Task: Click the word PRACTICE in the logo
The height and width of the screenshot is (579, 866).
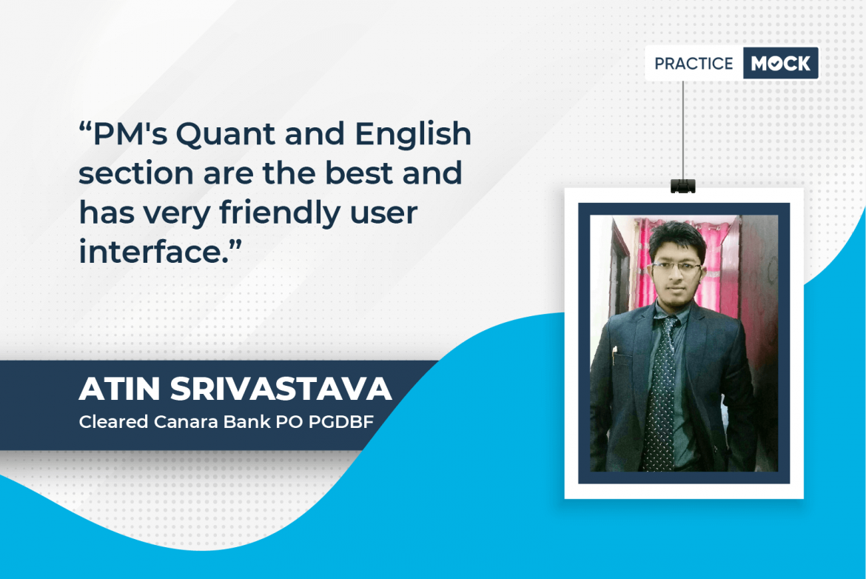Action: pyautogui.click(x=694, y=64)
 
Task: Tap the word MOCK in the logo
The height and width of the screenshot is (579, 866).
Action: pyautogui.click(x=780, y=64)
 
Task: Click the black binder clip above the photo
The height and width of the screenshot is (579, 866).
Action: pyautogui.click(x=683, y=186)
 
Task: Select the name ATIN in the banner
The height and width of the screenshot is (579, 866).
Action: pyautogui.click(x=119, y=389)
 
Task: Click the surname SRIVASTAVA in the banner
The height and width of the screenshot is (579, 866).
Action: pyautogui.click(x=281, y=389)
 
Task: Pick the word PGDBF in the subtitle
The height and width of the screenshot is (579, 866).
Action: pyautogui.click(x=340, y=422)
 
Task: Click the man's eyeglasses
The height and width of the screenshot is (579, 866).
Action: pyautogui.click(x=676, y=267)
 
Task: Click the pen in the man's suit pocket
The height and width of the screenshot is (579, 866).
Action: pyautogui.click(x=614, y=356)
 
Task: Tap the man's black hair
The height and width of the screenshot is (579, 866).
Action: pyautogui.click(x=677, y=238)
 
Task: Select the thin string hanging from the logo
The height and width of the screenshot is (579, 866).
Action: pyautogui.click(x=683, y=130)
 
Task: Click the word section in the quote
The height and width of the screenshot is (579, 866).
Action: pyautogui.click(x=136, y=173)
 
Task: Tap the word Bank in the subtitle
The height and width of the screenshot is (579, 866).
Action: pyautogui.click(x=247, y=422)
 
